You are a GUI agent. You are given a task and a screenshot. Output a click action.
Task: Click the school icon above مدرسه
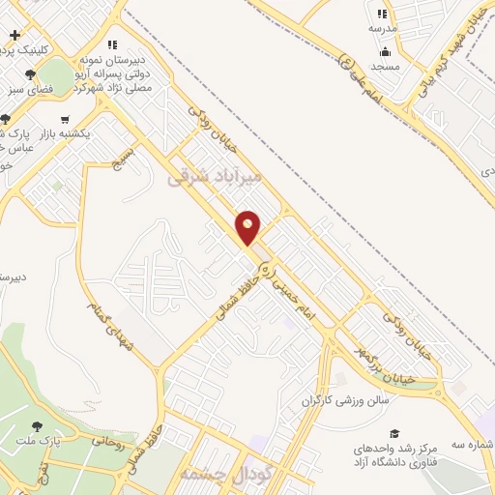click(x=382, y=14)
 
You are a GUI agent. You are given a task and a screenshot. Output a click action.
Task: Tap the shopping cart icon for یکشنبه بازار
click(x=65, y=120)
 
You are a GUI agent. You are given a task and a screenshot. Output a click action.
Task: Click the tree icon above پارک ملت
click(x=38, y=424)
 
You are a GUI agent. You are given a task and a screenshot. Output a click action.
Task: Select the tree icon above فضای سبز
click(x=31, y=73)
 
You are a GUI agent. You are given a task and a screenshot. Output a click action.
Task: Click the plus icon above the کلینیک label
click(x=15, y=35)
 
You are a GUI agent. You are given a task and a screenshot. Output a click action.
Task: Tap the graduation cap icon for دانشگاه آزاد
click(x=393, y=434)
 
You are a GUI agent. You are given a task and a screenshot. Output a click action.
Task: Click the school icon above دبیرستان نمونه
click(x=112, y=44)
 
